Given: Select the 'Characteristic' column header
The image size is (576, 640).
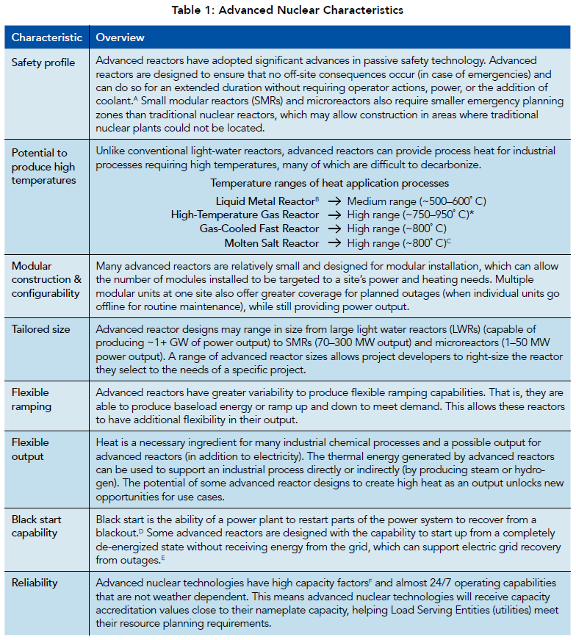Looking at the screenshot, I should [46, 37].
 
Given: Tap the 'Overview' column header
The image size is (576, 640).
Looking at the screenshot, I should [120, 37].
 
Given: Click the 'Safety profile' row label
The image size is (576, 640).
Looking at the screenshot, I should [43, 62].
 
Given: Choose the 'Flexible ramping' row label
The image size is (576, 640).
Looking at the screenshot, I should [32, 399].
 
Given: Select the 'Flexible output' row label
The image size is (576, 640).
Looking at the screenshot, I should [30, 449].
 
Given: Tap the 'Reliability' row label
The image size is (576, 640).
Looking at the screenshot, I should [34, 583].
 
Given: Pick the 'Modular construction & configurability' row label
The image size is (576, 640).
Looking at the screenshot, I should [46, 279].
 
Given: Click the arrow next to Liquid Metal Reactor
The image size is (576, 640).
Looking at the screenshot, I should [334, 201].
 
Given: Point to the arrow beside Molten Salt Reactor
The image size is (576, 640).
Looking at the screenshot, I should [334, 242].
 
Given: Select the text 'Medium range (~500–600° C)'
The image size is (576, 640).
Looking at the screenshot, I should [417, 201].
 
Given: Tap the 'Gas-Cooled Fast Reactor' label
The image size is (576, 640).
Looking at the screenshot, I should [259, 229].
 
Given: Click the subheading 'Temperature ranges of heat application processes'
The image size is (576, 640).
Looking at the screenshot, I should [330, 183].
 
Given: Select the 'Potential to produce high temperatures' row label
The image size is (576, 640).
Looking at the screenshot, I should [44, 166].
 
